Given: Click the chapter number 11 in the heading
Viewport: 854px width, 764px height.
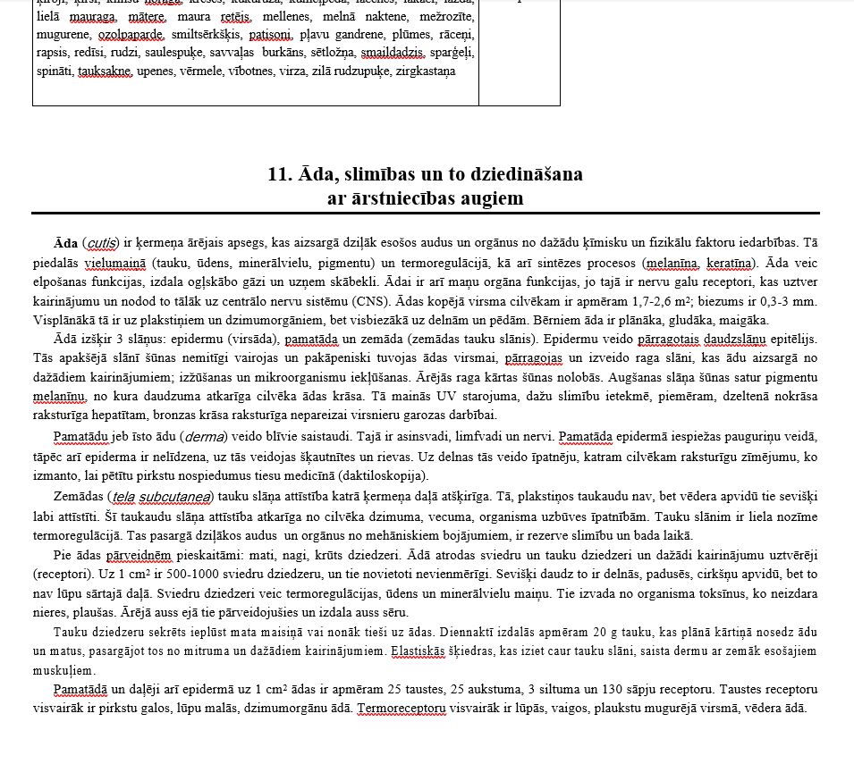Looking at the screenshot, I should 277,174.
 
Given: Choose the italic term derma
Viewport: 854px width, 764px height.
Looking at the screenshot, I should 204,436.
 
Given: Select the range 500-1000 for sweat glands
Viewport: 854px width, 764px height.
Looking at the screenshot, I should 167,573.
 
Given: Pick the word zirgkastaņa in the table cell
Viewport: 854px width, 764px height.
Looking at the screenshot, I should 426,71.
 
